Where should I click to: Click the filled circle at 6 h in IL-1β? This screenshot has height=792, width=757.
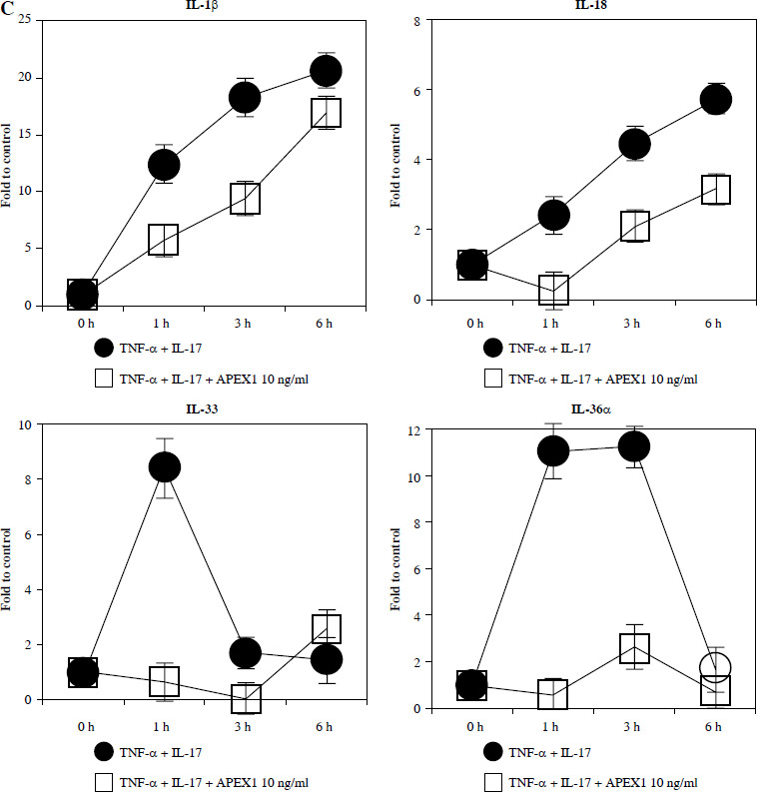327,71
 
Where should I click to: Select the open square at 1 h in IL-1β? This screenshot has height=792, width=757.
163,240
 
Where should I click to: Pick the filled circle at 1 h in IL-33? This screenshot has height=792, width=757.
164,466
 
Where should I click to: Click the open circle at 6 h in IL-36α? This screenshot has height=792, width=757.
716,666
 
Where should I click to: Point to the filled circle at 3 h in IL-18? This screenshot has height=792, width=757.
634,145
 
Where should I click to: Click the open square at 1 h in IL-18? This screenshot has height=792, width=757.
553,290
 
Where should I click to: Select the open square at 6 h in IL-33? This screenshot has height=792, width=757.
327,628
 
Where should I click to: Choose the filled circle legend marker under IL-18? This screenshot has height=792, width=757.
492,348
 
